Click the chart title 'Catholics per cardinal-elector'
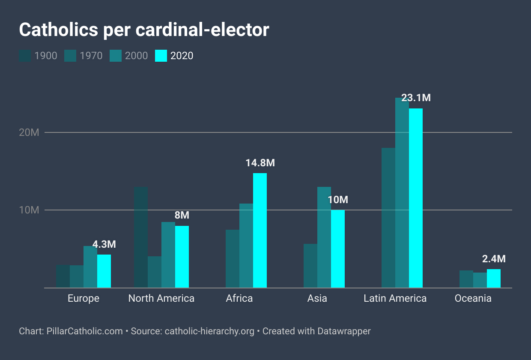144,30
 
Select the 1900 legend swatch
25,56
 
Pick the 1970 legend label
91,56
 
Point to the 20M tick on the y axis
29,132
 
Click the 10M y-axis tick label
29,210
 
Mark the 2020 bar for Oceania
494,279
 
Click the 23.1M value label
416,98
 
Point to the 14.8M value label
260,163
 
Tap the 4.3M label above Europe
104,244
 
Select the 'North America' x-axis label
161,298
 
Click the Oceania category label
473,298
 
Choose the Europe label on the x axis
84,298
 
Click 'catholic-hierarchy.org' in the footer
209,331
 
